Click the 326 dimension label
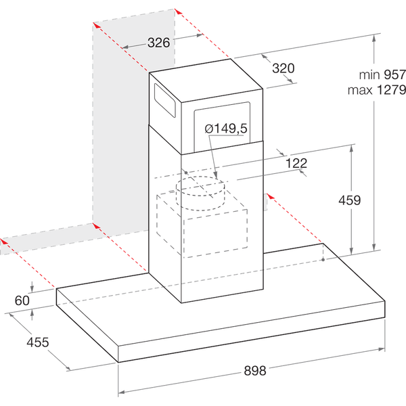(x=159, y=43)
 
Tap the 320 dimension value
(x=284, y=68)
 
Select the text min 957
(x=382, y=75)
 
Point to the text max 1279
(x=377, y=90)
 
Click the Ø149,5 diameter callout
(x=226, y=129)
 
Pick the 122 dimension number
(x=296, y=163)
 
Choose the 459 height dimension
(x=350, y=200)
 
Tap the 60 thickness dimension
(x=22, y=300)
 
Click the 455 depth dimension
(x=37, y=342)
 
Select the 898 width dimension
(x=255, y=371)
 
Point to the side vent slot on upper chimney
(x=165, y=100)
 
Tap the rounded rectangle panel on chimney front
(x=222, y=127)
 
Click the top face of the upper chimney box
(x=206, y=81)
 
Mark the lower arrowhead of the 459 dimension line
(x=351, y=251)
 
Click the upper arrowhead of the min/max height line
(x=374, y=38)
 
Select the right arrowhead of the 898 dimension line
(x=382, y=349)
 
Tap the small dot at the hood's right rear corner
(x=323, y=259)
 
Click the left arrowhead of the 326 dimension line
(x=125, y=47)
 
